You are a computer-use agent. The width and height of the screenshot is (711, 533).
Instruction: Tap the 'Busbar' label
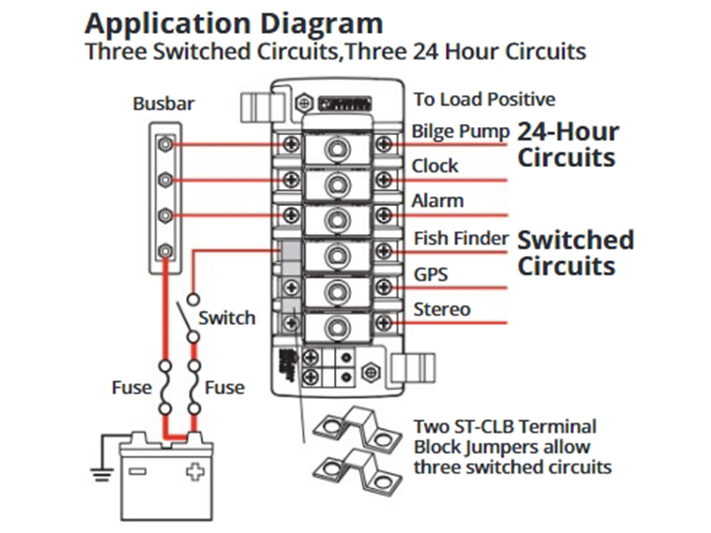coord(164,104)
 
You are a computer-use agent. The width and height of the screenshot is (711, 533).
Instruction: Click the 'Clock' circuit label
coord(435,166)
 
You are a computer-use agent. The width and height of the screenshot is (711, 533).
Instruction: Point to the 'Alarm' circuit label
coord(437,201)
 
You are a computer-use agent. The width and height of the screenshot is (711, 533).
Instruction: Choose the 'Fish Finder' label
coord(461,238)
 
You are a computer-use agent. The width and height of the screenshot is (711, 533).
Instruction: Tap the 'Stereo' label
coord(442,309)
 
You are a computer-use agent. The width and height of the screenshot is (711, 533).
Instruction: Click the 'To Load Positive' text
coord(484,99)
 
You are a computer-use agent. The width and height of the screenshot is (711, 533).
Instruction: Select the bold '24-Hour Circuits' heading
coord(568,145)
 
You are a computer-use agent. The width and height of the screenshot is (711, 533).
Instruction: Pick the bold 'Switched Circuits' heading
coord(575,252)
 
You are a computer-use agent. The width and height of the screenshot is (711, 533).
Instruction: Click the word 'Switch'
coord(227,317)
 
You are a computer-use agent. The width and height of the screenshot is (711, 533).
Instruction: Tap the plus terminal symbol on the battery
coord(194,473)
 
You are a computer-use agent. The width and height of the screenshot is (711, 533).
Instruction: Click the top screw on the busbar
coord(164,145)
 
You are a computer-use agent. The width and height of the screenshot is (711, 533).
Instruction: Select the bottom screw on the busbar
coord(164,251)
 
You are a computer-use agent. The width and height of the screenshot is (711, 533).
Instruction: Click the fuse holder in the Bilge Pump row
coord(335,147)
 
